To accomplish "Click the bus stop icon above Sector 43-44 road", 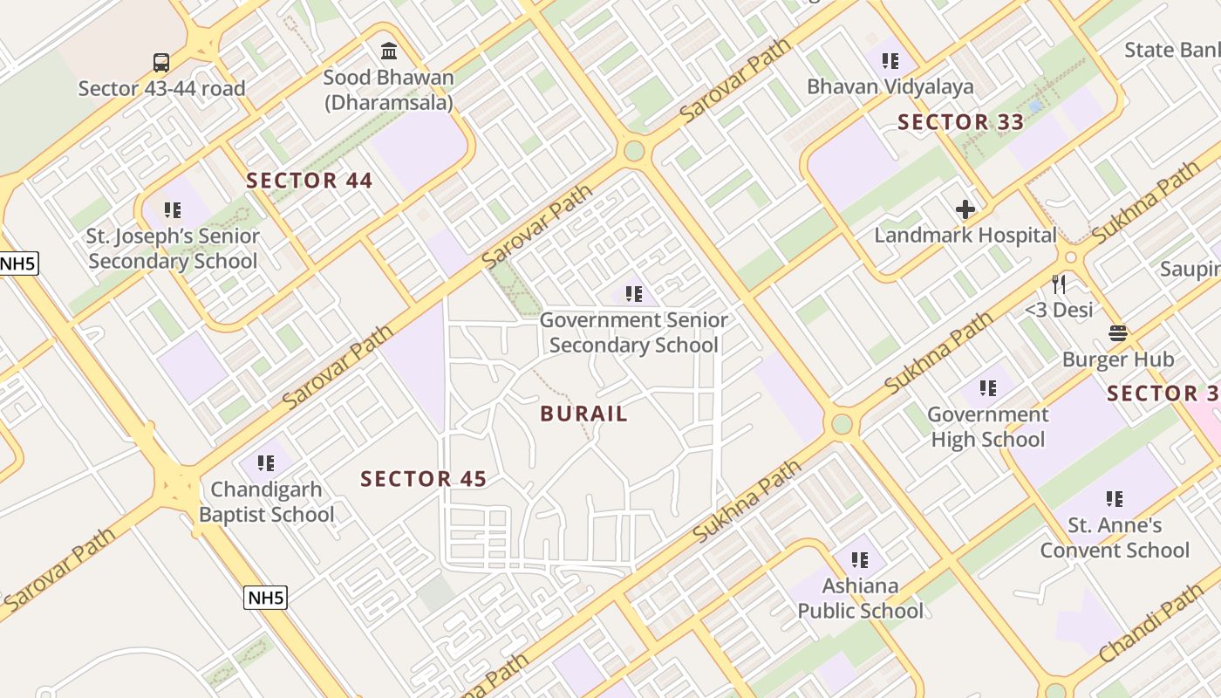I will tap(161, 63).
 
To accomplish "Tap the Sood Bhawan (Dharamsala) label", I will tap(389, 90).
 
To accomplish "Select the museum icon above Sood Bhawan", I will tap(389, 51).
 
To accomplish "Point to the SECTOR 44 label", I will tap(309, 181).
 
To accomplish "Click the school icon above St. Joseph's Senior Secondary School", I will tap(173, 209).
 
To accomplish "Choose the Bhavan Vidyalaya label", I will tap(890, 86).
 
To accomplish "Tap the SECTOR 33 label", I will tap(960, 122).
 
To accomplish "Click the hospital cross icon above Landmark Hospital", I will tap(965, 209).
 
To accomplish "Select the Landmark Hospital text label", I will tap(965, 236).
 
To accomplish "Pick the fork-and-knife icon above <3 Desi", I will tap(1059, 284).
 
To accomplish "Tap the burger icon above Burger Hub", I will tap(1118, 332).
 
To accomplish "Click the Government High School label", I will tap(987, 427).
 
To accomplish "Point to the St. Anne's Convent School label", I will tap(1115, 537).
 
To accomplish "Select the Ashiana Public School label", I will tap(860, 598).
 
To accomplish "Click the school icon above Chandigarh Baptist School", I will tap(266, 462).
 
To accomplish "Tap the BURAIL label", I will tap(583, 414).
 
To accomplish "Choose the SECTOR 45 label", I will tap(423, 479).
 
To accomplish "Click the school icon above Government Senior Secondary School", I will tap(634, 294).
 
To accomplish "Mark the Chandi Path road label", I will tap(1150, 623).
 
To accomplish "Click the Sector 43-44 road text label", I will tap(161, 88).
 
